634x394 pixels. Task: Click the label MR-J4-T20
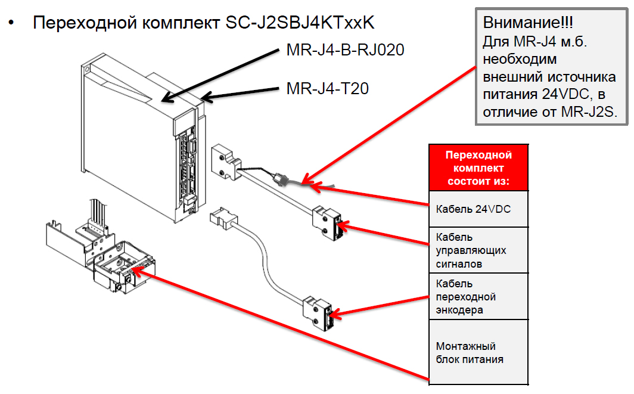327,89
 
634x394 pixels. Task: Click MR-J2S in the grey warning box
590,111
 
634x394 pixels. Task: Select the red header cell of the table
478,167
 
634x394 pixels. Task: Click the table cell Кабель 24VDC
478,209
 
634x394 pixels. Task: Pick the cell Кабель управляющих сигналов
478,250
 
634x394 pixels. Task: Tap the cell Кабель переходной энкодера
478,297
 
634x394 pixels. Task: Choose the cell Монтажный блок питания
478,352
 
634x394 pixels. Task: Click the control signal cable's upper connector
227,159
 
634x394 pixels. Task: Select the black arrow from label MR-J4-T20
238,92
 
